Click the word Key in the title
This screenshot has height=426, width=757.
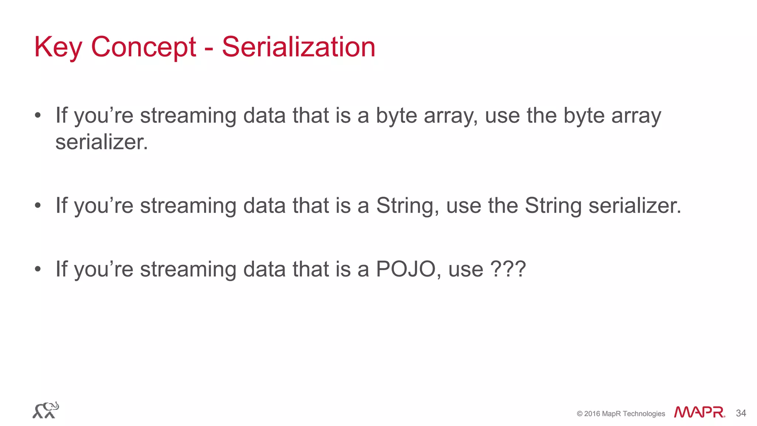(58, 47)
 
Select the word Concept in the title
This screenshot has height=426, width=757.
(143, 47)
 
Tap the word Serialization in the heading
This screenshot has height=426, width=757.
(298, 47)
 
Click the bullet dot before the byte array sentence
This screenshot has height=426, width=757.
(37, 115)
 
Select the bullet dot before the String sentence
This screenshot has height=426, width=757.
(37, 206)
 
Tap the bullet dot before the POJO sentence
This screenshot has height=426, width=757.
(37, 269)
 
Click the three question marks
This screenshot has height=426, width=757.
(508, 269)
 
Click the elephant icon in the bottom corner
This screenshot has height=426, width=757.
(45, 410)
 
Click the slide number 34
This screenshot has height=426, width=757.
(741, 413)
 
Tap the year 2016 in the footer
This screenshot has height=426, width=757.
(592, 414)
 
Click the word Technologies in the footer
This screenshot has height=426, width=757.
(644, 414)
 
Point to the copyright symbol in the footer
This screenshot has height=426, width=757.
(580, 414)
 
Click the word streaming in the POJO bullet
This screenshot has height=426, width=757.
(188, 269)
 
